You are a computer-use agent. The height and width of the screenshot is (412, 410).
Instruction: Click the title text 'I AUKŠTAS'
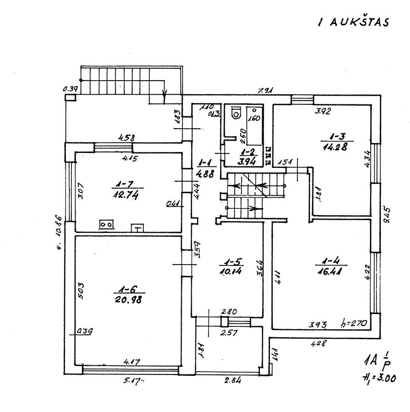pos(353,22)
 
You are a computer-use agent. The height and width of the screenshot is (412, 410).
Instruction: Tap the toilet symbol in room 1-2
pos(237,113)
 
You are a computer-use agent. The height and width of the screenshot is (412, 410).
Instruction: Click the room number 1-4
pos(330,263)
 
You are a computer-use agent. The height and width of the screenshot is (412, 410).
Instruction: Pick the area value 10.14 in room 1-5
pos(231,271)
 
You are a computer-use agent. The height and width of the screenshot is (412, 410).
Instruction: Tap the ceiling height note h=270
pos(355,324)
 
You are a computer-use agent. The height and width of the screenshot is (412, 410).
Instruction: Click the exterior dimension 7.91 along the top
pos(265,91)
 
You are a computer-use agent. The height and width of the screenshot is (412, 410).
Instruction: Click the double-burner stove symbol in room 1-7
pos(107,224)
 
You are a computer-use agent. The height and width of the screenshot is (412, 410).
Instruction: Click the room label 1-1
pos(204,163)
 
